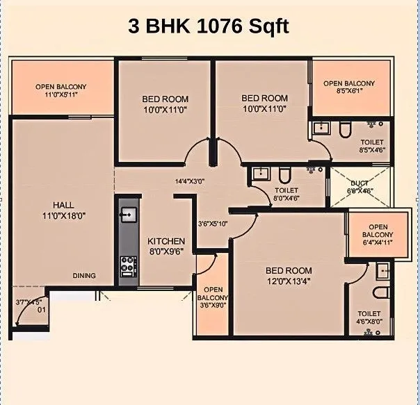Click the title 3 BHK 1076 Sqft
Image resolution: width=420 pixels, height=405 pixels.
209,26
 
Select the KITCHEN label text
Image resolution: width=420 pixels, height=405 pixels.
166,241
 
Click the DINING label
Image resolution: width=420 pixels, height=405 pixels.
84,276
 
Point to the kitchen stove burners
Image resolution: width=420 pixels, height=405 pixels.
127,264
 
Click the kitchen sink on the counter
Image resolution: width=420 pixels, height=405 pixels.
127,215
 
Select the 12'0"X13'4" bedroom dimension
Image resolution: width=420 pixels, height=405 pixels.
289,281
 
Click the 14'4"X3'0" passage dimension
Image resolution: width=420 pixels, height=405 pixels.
191,182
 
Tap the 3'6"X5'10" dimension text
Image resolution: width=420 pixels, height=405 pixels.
212,224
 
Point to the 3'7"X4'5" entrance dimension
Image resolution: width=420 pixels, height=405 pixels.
30,302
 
